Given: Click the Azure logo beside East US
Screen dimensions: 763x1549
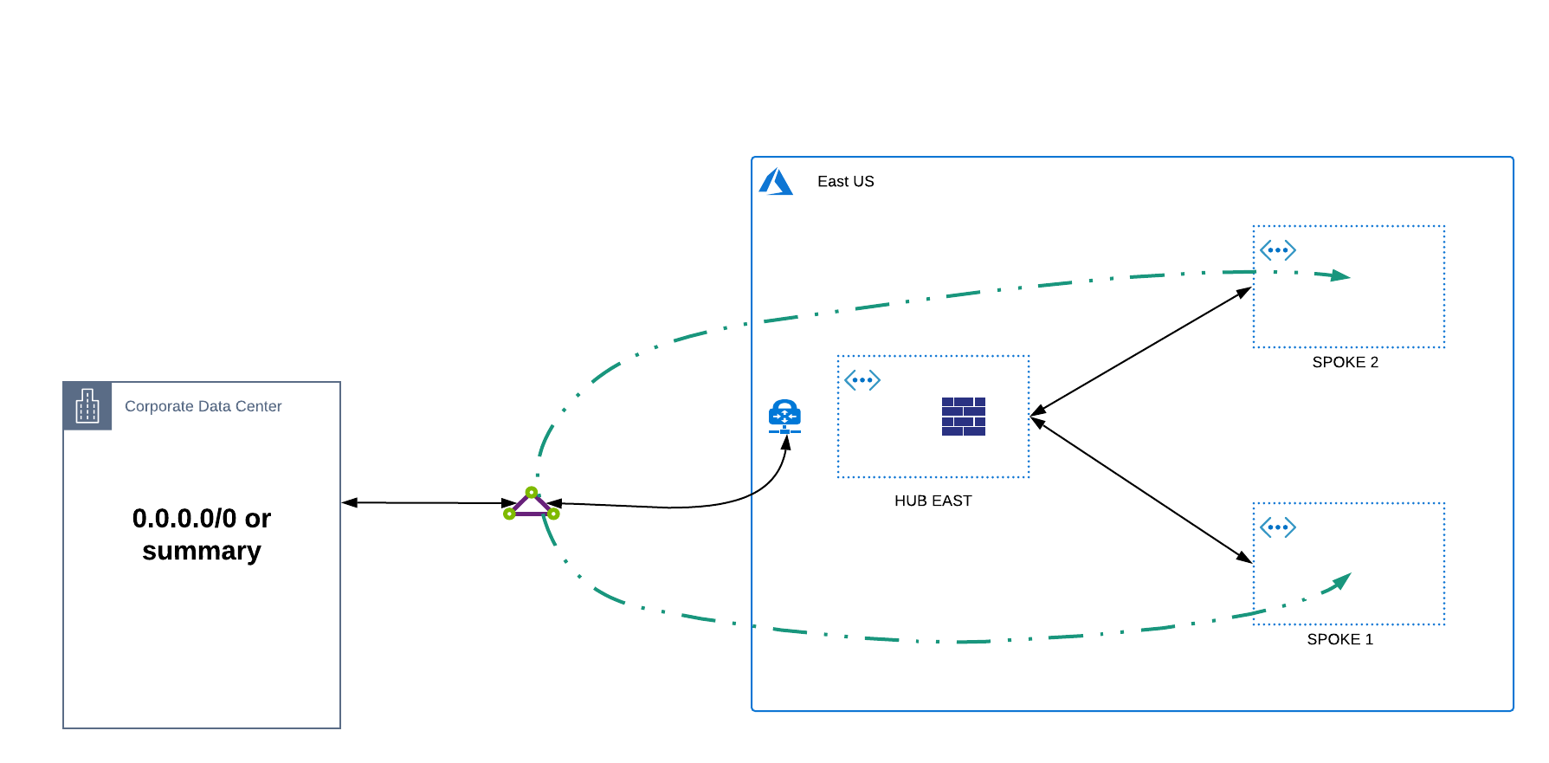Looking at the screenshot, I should pos(776,182).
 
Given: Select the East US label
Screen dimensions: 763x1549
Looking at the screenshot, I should pos(845,182).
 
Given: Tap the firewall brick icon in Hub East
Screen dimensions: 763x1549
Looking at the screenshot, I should pos(963,417).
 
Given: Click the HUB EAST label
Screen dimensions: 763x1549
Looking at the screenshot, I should pos(933,501).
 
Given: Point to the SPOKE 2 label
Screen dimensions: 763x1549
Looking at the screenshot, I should pos(1345,362).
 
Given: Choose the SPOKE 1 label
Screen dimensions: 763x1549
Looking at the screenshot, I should pos(1339,639).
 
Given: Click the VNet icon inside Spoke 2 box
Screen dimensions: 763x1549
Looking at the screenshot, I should pos(1277,250).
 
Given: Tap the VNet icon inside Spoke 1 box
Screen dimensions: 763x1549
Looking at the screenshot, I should pos(1277,527).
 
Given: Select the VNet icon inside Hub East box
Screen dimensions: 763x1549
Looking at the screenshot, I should pos(862,380).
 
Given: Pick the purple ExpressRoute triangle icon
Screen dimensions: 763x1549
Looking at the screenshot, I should pos(531,504).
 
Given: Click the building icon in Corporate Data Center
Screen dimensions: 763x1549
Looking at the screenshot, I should pos(87,406).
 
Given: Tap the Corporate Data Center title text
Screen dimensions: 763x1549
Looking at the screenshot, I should pos(203,406).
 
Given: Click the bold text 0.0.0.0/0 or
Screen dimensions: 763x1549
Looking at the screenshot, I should pos(201,518).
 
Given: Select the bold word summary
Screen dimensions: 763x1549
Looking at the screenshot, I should pos(201,551).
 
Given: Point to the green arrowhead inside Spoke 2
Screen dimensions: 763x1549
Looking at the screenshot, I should pos(1341,276).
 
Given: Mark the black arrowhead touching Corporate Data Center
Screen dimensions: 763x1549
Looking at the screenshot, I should pos(350,502).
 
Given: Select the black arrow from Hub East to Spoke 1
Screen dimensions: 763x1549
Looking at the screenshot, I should pos(1141,491).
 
